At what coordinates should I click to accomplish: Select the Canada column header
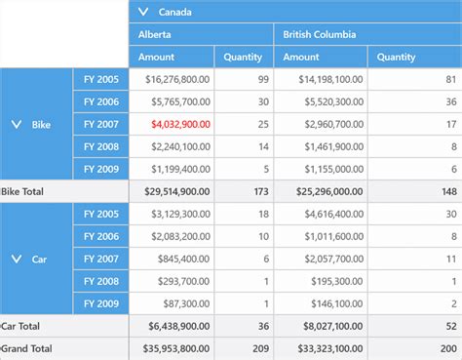pos(175,12)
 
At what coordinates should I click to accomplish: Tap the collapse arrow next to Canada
pos(144,12)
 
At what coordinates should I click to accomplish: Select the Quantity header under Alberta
pos(243,57)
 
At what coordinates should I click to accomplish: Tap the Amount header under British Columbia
pos(301,57)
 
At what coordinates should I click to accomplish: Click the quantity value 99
pos(262,80)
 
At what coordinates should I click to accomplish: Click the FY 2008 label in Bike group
pos(101,147)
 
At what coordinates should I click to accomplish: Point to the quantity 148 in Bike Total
pos(448,192)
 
